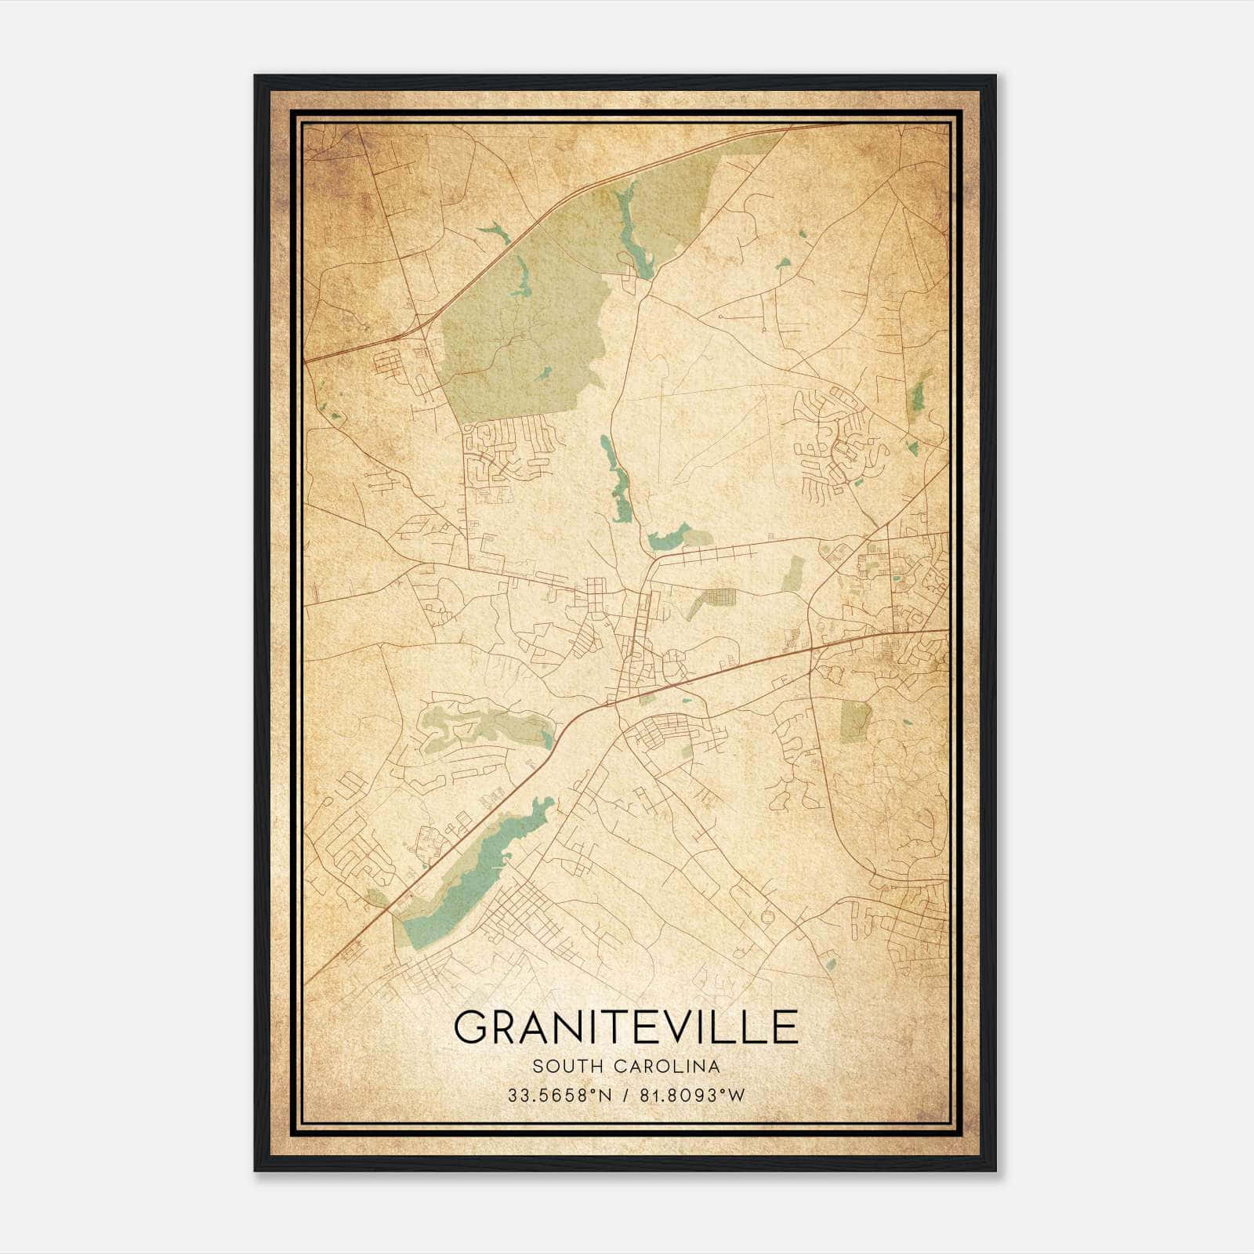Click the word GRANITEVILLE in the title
(625, 1027)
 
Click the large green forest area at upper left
(517, 329)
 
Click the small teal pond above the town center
(666, 539)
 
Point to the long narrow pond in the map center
(615, 478)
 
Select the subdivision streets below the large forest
(506, 451)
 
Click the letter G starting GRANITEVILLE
(470, 1027)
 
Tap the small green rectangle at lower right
(854, 719)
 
